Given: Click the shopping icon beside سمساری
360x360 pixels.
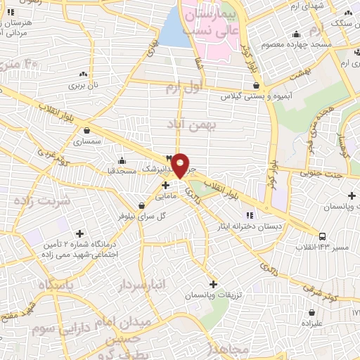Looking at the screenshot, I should click(86, 130).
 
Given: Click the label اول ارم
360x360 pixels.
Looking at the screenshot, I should click(184, 87).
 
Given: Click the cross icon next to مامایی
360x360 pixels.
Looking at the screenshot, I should click(165, 186).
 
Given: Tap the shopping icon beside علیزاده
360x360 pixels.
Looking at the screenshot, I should click(311, 312).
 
